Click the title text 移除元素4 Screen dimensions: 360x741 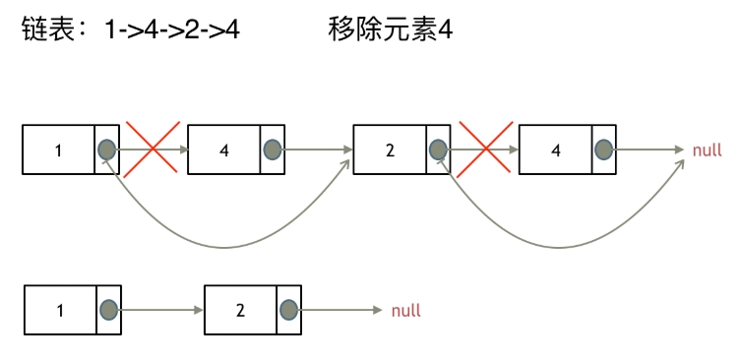(x=390, y=31)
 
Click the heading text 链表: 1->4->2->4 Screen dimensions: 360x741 (x=131, y=31)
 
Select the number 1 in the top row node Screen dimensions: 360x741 (x=59, y=150)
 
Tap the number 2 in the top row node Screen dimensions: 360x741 (x=391, y=150)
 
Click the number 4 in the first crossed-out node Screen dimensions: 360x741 (x=224, y=150)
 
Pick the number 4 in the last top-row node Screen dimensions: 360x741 (x=556, y=150)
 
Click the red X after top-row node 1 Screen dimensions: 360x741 (x=152, y=149)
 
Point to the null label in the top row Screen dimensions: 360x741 (x=708, y=150)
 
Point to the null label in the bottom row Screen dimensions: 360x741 (x=405, y=311)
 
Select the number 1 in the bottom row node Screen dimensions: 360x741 (x=59, y=311)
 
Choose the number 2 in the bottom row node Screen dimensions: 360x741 (x=240, y=311)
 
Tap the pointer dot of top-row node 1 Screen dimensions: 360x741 (x=107, y=150)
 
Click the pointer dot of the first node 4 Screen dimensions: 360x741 (x=273, y=150)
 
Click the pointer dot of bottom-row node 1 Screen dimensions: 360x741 (x=107, y=311)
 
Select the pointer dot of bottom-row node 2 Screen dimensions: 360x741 (x=288, y=311)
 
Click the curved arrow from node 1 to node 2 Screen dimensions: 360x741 (x=226, y=246)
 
